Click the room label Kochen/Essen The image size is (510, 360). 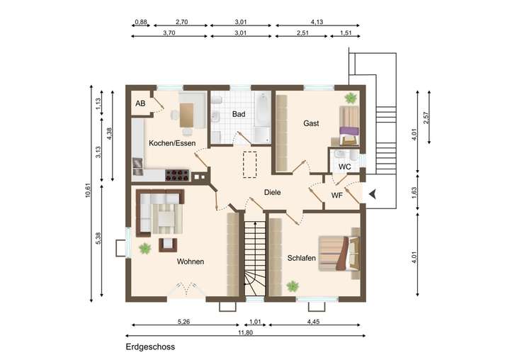pyautogui.click(x=172, y=143)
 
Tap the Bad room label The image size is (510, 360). pyautogui.click(x=239, y=114)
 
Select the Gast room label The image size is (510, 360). pyautogui.click(x=311, y=123)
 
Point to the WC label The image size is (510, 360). pyautogui.click(x=344, y=167)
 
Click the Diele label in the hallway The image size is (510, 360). pyautogui.click(x=272, y=192)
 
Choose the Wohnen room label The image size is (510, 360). pyautogui.click(x=191, y=261)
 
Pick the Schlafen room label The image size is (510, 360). pyautogui.click(x=302, y=258)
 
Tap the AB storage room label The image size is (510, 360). pyautogui.click(x=140, y=103)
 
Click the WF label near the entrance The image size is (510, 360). pyautogui.click(x=337, y=196)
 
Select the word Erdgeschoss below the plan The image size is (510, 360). pyautogui.click(x=150, y=347)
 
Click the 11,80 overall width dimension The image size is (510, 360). pyautogui.click(x=245, y=332)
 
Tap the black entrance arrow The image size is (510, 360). pyautogui.click(x=373, y=194)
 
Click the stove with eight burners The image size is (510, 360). pyautogui.click(x=177, y=175)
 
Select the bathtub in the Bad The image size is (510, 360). pyautogui.click(x=262, y=109)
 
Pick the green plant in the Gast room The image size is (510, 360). pyautogui.click(x=351, y=98)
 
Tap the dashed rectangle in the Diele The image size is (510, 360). pyautogui.click(x=250, y=164)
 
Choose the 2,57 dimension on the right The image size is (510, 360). pyautogui.click(x=426, y=118)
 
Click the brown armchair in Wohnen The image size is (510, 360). pyautogui.click(x=168, y=245)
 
